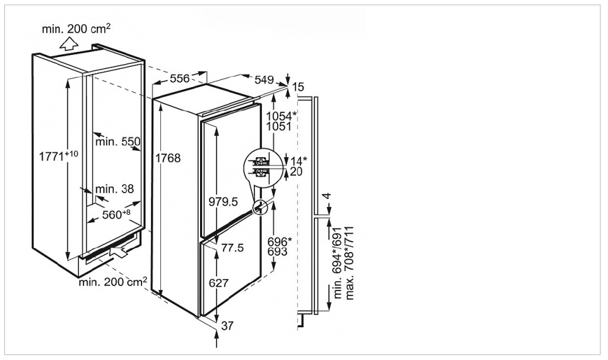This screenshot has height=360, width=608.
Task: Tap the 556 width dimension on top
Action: pos(180,78)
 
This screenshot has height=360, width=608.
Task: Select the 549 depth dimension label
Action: pos(264,80)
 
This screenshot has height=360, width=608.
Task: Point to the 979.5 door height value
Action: pos(222,201)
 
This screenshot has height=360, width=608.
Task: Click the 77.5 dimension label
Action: pos(232,248)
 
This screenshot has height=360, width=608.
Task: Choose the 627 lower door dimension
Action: pos(218,284)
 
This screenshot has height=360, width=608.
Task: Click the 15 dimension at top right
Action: pos(299,87)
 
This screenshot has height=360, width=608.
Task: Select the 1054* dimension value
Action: pos(281,116)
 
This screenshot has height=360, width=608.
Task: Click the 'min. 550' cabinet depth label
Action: pos(117,141)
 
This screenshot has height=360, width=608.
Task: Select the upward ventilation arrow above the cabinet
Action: pos(67,44)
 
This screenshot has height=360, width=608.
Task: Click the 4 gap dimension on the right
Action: pos(326,197)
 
